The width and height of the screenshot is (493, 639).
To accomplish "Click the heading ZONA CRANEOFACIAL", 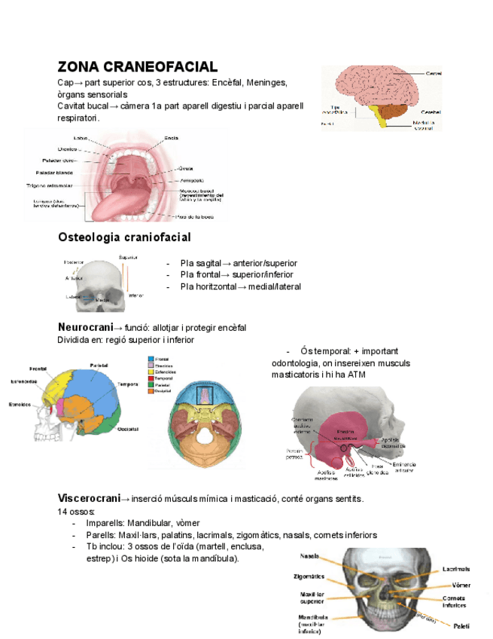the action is [137, 67].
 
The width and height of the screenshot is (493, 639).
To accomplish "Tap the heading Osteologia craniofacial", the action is [124, 237].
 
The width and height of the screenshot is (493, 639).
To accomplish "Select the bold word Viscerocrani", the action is [89, 498].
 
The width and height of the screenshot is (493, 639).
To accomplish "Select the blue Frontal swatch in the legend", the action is [150, 360].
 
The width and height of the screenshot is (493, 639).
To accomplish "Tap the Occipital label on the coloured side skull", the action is [127, 430].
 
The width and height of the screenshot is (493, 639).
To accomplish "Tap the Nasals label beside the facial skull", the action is [309, 555].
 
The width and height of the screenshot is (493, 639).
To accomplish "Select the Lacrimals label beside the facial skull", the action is [456, 569].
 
